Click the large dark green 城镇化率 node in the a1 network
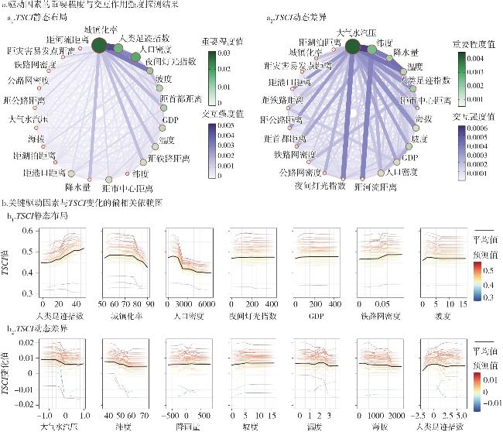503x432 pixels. point(99,46)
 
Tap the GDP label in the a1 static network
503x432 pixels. point(171,120)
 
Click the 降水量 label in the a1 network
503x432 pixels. point(78,187)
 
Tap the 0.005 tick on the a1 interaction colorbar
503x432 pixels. point(224,135)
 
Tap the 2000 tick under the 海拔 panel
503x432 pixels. point(396,413)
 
